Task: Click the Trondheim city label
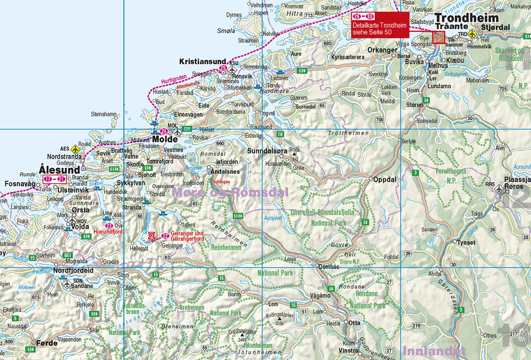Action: tap(466, 17)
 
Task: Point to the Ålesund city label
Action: tap(59, 170)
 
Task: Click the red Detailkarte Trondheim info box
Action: tap(379, 24)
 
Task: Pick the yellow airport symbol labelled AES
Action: tap(75, 149)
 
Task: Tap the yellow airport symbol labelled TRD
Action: tap(472, 34)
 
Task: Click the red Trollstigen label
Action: tap(221, 182)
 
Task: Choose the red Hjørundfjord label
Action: tap(108, 232)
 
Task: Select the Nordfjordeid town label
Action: tap(74, 271)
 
